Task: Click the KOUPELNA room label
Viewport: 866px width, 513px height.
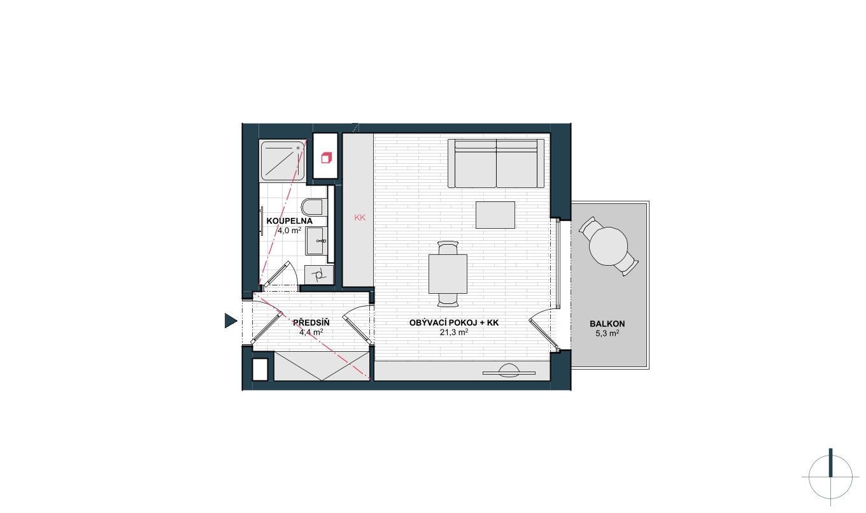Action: pyautogui.click(x=289, y=221)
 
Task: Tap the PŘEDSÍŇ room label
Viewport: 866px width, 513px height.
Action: pyautogui.click(x=311, y=322)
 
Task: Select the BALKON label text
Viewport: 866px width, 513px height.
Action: pyautogui.click(x=607, y=324)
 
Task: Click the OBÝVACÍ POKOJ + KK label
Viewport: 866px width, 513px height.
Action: pyautogui.click(x=454, y=322)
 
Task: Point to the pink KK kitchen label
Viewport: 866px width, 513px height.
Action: pyautogui.click(x=360, y=217)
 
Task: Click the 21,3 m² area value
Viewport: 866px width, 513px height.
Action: pyautogui.click(x=454, y=332)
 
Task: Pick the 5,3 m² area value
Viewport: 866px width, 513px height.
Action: pyautogui.click(x=607, y=333)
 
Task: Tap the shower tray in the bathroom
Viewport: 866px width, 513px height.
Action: pyautogui.click(x=283, y=161)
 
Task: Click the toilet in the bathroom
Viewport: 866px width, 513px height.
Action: pyautogui.click(x=313, y=207)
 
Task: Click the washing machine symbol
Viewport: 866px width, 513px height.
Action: pyautogui.click(x=319, y=275)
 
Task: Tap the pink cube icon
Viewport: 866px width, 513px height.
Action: pyautogui.click(x=326, y=158)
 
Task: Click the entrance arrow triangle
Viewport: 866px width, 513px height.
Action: pyautogui.click(x=231, y=321)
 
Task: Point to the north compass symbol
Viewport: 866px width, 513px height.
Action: pyautogui.click(x=830, y=477)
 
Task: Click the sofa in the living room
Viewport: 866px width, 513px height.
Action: pyautogui.click(x=496, y=163)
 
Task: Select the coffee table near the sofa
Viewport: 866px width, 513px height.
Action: pyautogui.click(x=495, y=215)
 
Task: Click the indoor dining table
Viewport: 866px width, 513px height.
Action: pyautogui.click(x=448, y=273)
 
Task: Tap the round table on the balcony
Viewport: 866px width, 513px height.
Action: pyautogui.click(x=608, y=246)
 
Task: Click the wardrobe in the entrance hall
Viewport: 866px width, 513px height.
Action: pyautogui.click(x=322, y=366)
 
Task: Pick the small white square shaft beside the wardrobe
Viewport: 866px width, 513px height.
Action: pyautogui.click(x=260, y=370)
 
